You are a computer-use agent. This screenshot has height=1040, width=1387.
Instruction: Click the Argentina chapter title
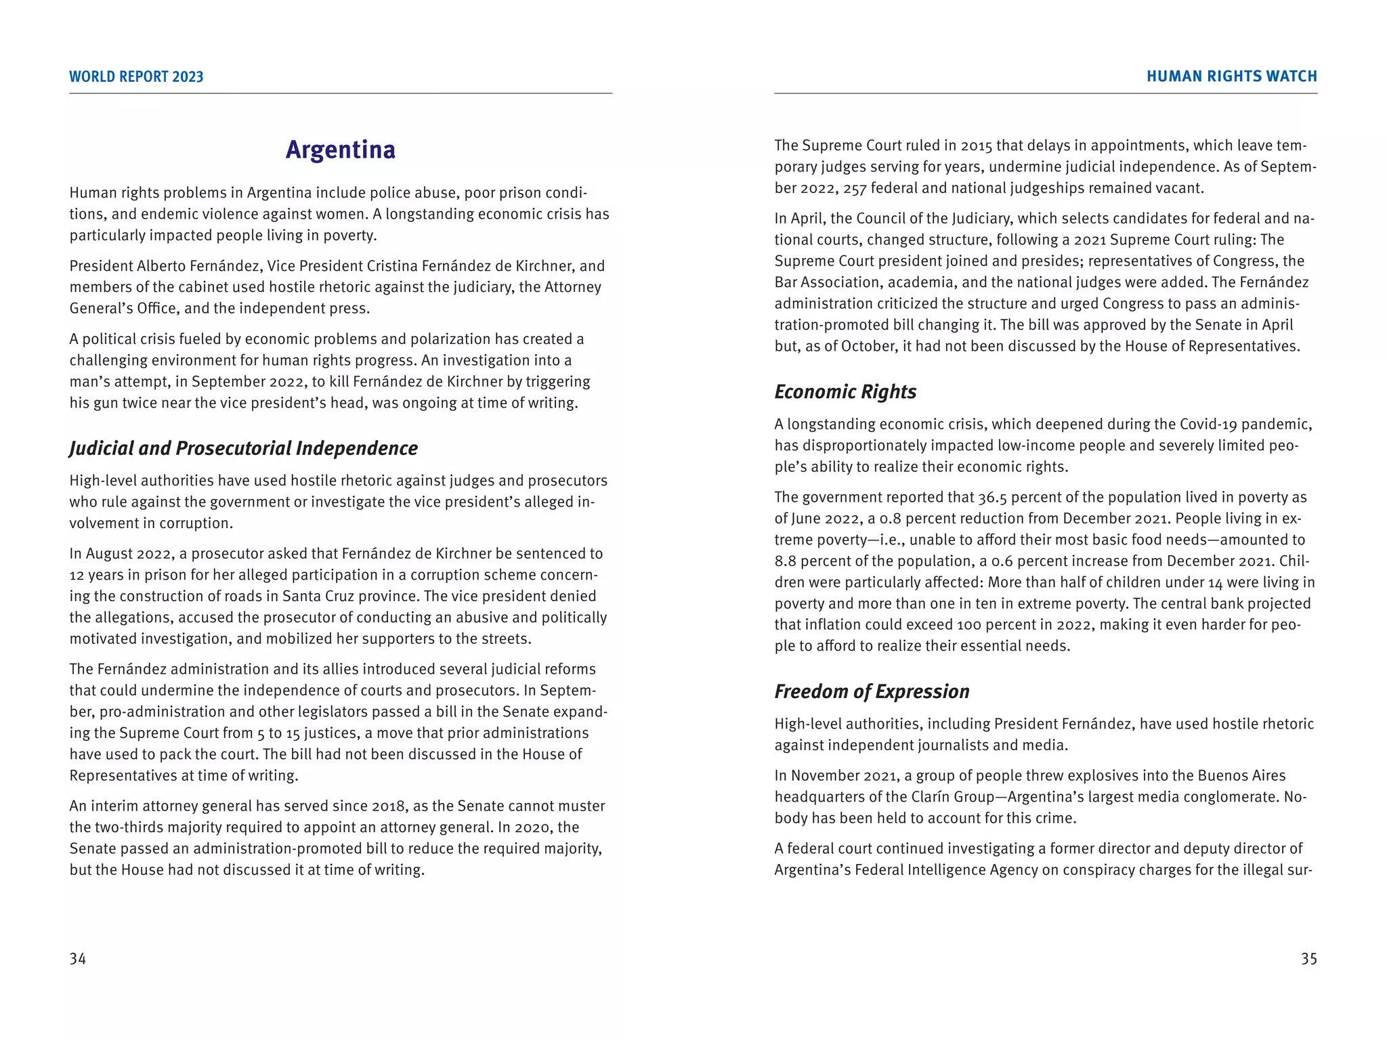tap(340, 150)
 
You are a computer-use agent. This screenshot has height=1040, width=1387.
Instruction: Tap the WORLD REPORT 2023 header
tap(136, 77)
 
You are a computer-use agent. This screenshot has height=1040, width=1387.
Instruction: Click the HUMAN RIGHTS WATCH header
tap(1231, 77)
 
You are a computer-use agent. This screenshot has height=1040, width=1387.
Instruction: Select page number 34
tap(78, 959)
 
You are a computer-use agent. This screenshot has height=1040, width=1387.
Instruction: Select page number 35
tap(1308, 959)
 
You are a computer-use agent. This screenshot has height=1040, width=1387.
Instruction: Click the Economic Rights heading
tap(845, 392)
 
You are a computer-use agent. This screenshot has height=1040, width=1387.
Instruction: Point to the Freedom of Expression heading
tap(872, 691)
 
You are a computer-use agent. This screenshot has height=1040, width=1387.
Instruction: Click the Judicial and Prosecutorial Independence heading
tap(243, 448)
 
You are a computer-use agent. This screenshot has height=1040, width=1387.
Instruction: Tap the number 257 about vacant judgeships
tap(855, 188)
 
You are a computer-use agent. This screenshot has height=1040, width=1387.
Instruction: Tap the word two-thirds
tap(124, 827)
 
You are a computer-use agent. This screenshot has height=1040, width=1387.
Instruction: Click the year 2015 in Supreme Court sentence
tap(976, 146)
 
